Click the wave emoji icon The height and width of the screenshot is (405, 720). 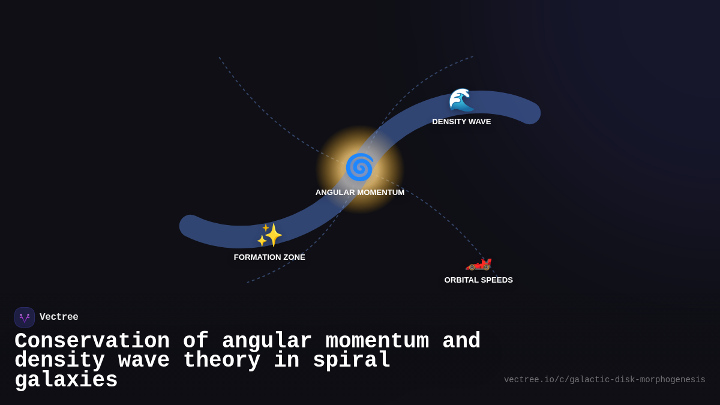pyautogui.click(x=461, y=100)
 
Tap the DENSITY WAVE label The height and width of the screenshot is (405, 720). pyautogui.click(x=461, y=122)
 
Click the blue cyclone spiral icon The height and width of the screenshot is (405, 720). pyautogui.click(x=359, y=167)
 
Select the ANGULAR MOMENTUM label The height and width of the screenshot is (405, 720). pyautogui.click(x=360, y=193)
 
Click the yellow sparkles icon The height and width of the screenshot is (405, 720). pyautogui.click(x=269, y=235)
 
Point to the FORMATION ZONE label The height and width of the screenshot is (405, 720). pyautogui.click(x=269, y=257)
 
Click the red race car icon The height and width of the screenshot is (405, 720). pyautogui.click(x=479, y=263)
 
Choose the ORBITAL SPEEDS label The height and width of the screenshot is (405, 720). pyautogui.click(x=478, y=280)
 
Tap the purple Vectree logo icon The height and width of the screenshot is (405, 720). pyautogui.click(x=25, y=317)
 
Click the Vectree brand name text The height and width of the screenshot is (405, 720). pyautogui.click(x=59, y=317)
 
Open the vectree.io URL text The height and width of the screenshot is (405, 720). pyautogui.click(x=604, y=380)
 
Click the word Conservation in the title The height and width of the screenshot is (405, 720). pyautogui.click(x=92, y=341)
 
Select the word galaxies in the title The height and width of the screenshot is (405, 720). pyautogui.click(x=66, y=380)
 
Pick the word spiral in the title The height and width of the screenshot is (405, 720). pyautogui.click(x=352, y=361)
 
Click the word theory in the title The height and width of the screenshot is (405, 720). pyautogui.click(x=221, y=361)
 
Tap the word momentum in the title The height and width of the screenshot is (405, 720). pyautogui.click(x=377, y=341)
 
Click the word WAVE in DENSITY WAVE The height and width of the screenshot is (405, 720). pyautogui.click(x=479, y=122)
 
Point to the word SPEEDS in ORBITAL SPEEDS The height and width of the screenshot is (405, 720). pyautogui.click(x=497, y=280)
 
